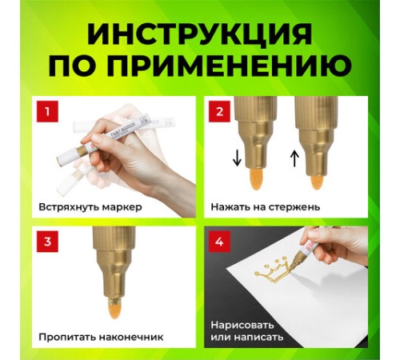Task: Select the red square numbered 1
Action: tap(47, 111)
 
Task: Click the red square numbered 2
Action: tap(219, 111)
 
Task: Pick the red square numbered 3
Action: tap(47, 242)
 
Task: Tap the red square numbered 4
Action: tap(219, 242)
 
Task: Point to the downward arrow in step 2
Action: tap(237, 158)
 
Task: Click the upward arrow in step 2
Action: tap(294, 158)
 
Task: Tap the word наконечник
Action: tap(131, 337)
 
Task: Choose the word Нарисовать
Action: tap(242, 326)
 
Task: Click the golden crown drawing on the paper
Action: tap(271, 272)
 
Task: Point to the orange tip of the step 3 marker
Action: tap(115, 307)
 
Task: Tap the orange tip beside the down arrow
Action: tap(256, 179)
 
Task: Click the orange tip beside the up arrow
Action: tap(317, 182)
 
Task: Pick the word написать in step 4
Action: tap(258, 337)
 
